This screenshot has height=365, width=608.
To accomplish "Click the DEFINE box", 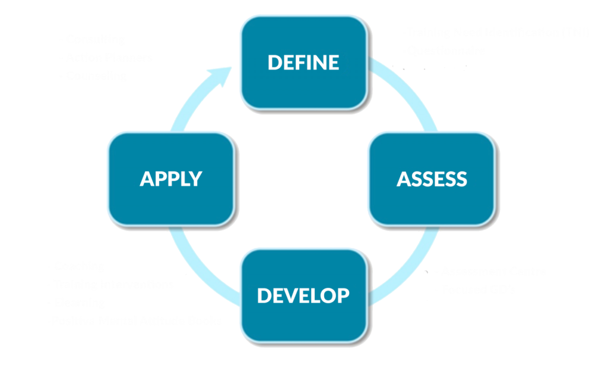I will tap(303, 62).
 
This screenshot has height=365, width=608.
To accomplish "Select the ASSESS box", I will tap(431, 179).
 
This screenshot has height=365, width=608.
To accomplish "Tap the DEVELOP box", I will tap(303, 295).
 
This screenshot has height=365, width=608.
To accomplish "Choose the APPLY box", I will tap(171, 179).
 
